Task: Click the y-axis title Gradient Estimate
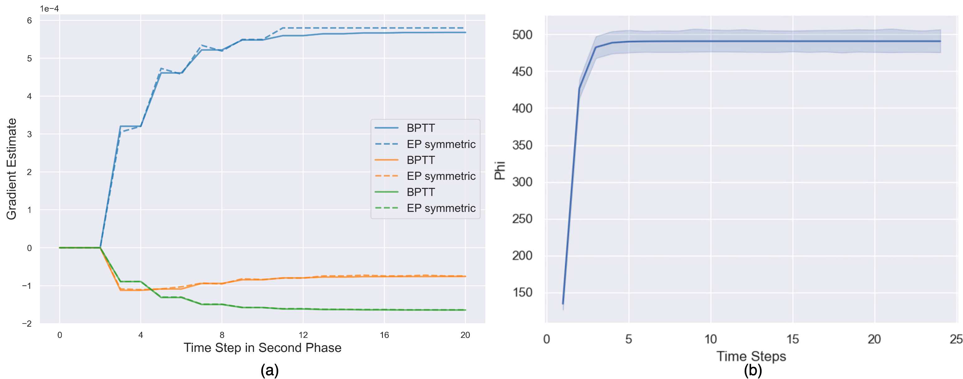pyautogui.click(x=12, y=169)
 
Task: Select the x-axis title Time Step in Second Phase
pyautogui.click(x=263, y=348)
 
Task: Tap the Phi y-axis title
pyautogui.click(x=500, y=170)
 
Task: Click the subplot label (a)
pyautogui.click(x=269, y=370)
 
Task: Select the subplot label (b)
pyautogui.click(x=752, y=370)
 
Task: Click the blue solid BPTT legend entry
pyautogui.click(x=421, y=128)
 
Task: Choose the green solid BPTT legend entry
pyautogui.click(x=421, y=192)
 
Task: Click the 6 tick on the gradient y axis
pyautogui.click(x=29, y=21)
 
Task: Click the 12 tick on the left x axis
pyautogui.click(x=303, y=335)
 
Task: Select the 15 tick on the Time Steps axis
pyautogui.click(x=792, y=339)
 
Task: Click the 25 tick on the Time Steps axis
pyautogui.click(x=956, y=339)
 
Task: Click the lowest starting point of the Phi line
pyautogui.click(x=563, y=304)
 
